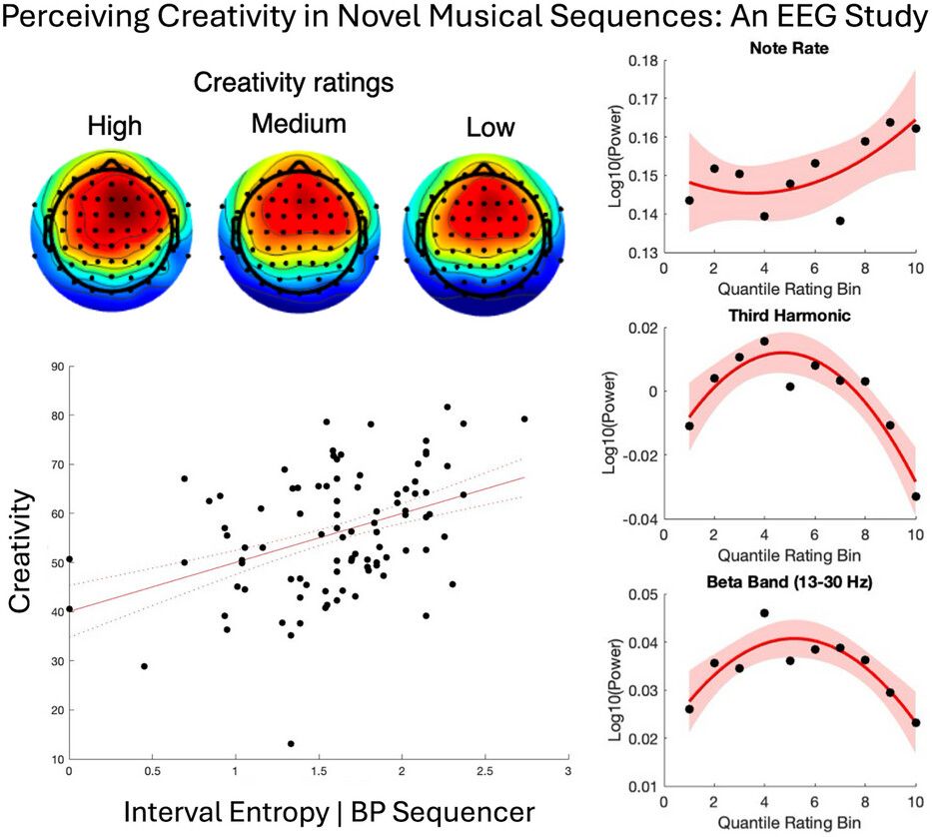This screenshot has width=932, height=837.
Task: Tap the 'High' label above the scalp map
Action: [115, 126]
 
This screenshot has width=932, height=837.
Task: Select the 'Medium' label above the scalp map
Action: [299, 124]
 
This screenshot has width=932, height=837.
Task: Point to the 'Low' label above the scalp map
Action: [490, 128]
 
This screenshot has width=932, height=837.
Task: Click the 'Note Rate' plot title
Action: [790, 47]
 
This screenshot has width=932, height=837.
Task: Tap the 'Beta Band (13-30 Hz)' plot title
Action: [790, 581]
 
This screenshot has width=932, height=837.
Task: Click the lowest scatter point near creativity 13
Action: [291, 743]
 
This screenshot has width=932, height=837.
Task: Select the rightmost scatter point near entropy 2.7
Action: [524, 419]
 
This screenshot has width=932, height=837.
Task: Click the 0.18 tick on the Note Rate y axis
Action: [639, 61]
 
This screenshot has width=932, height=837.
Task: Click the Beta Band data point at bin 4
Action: [764, 613]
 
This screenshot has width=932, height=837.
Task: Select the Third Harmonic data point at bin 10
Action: [915, 496]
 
